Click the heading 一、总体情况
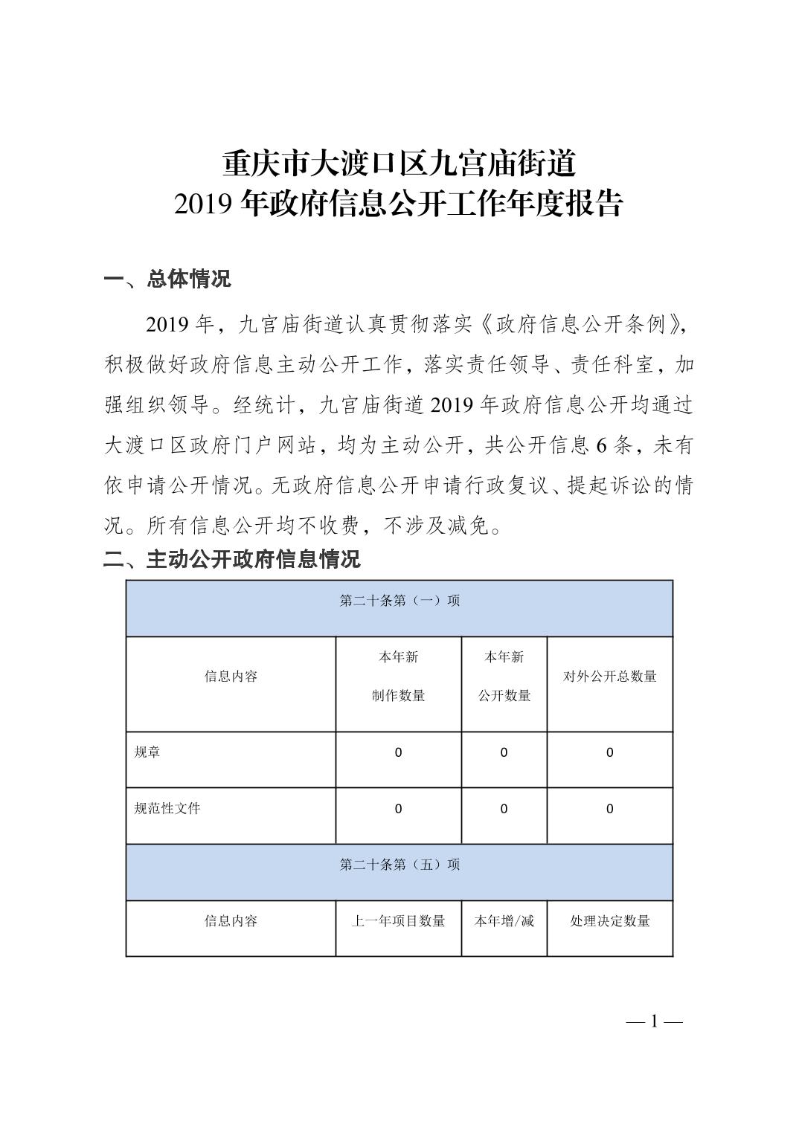167,280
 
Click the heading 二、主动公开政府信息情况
231,559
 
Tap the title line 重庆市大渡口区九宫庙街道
399,164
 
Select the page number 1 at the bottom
655,1021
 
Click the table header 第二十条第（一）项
399,601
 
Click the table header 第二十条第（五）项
399,865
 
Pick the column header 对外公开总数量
610,677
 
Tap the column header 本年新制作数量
399,677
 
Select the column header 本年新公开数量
504,677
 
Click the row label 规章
147,752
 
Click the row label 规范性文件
167,809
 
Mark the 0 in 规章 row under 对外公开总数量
610,753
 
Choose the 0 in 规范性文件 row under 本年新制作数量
399,810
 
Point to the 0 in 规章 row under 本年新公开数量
504,753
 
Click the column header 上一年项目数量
399,922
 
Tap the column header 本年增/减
504,922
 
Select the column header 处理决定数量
610,922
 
